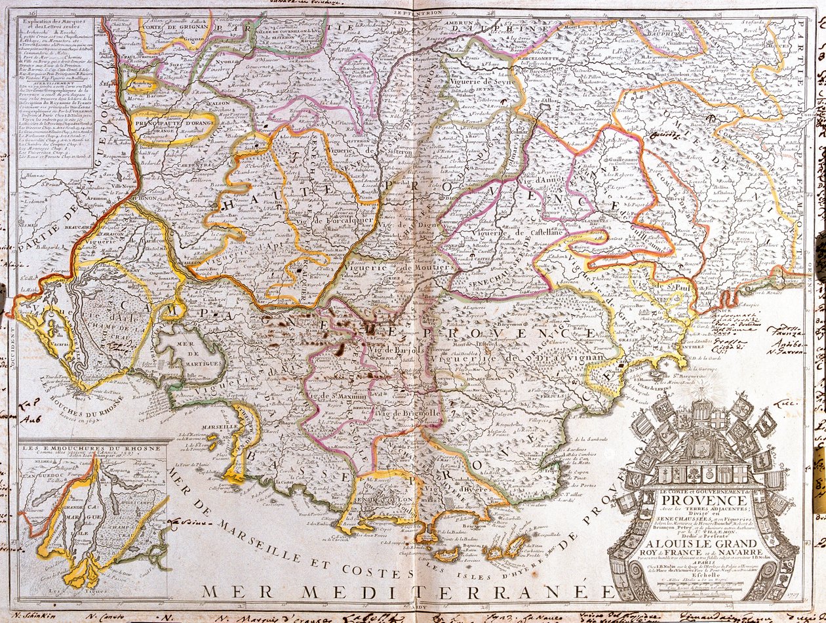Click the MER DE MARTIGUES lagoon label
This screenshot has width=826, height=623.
click(187, 348)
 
